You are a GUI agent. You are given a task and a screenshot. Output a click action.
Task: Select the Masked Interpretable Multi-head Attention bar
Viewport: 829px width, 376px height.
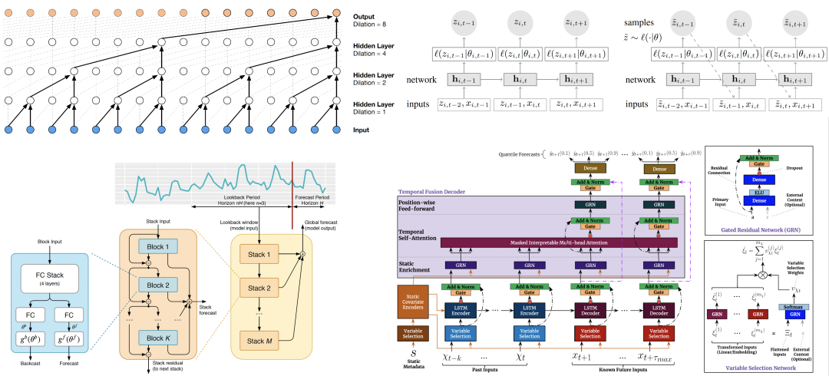point(558,243)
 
